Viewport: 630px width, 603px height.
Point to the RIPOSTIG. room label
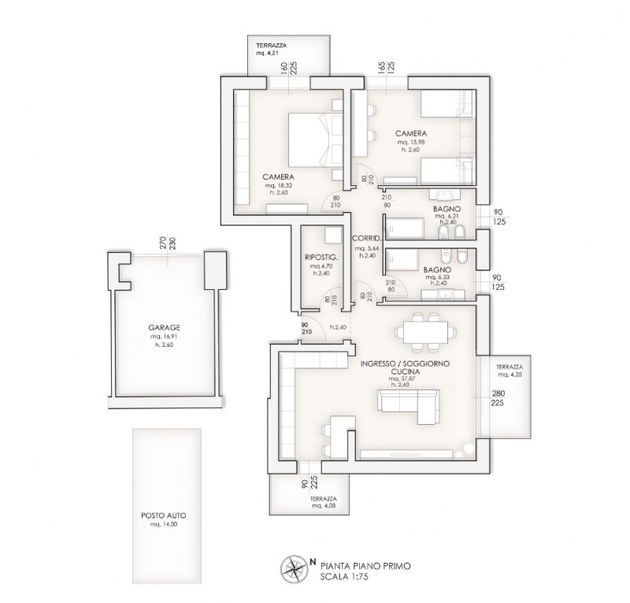point(321,257)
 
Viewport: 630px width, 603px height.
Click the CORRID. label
point(367,237)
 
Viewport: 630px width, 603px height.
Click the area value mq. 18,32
point(279,184)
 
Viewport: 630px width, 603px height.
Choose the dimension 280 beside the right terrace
point(498,394)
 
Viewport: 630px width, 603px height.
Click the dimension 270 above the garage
point(163,242)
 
